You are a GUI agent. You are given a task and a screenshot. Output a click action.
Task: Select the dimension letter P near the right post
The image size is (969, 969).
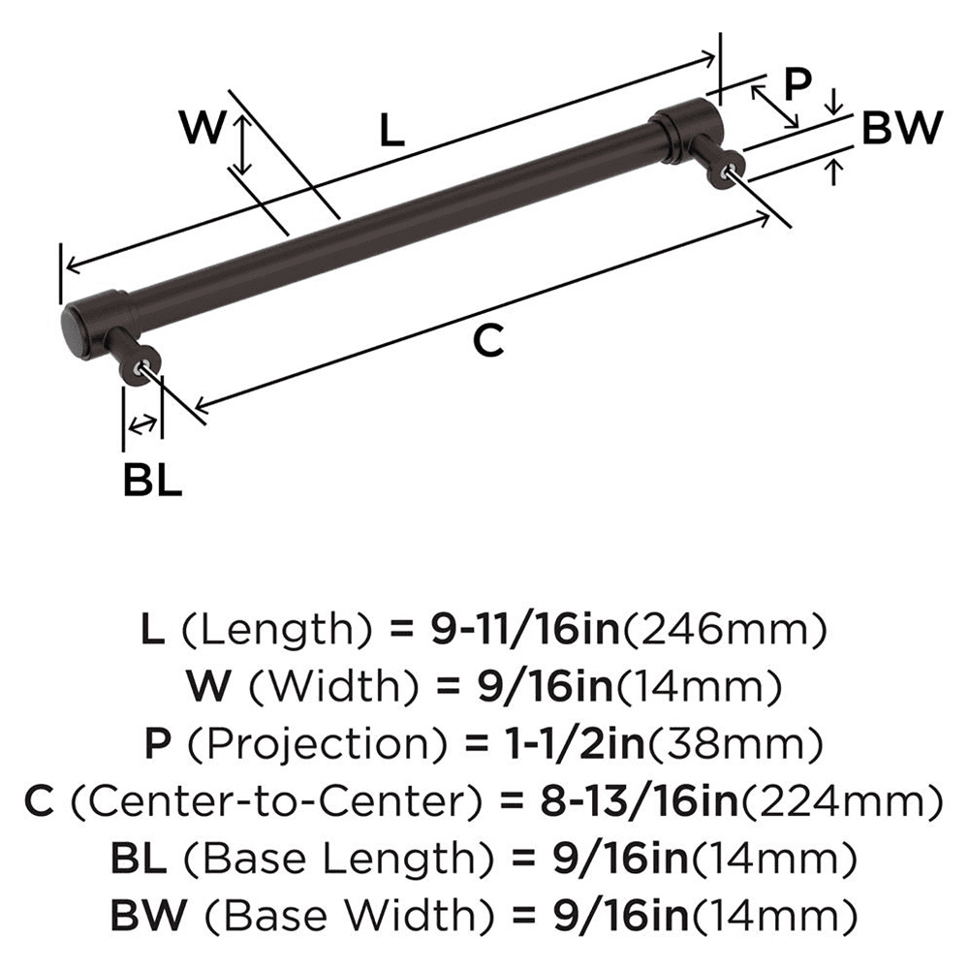coord(796,84)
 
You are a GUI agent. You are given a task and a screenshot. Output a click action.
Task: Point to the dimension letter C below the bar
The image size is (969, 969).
coord(490,340)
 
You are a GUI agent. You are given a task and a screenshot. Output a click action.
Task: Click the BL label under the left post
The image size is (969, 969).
coord(152,480)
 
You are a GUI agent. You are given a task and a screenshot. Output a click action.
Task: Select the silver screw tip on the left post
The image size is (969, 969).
coord(145,365)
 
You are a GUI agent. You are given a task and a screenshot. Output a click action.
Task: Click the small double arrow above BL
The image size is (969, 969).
coord(142,422)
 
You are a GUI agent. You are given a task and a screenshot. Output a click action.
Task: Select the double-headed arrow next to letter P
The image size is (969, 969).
coord(776,106)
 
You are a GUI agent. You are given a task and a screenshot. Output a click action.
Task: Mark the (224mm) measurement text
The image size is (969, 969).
coord(847,801)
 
